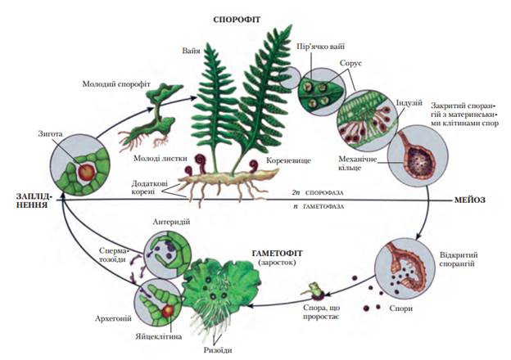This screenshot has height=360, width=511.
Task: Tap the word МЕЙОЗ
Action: click(469, 200)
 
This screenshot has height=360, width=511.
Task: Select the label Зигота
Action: click(50, 134)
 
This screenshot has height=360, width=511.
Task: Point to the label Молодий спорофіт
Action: click(116, 84)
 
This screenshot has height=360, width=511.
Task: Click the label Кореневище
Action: click(288, 160)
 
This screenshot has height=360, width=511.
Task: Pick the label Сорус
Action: click(350, 63)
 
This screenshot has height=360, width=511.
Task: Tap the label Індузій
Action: click(409, 102)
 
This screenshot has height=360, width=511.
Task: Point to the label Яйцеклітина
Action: click(158, 336)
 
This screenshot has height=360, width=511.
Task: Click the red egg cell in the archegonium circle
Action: click(168, 311)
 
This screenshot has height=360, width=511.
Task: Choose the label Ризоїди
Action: click(218, 350)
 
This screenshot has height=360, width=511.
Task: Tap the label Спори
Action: click(400, 308)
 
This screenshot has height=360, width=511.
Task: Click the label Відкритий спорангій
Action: click(459, 259)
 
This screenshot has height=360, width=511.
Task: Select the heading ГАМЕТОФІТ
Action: click(278, 253)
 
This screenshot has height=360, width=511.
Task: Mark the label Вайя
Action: click(191, 51)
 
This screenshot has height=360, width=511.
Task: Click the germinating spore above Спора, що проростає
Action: click(314, 290)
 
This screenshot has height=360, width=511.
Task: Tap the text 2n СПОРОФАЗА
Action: click(318, 193)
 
